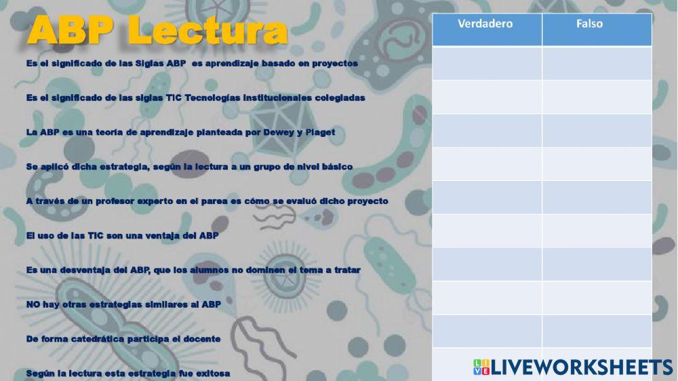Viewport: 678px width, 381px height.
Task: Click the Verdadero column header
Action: tap(485, 24)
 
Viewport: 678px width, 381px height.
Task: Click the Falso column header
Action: tap(589, 24)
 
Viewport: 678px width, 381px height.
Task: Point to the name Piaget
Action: tap(320, 132)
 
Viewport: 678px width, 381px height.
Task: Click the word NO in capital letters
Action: tap(33, 304)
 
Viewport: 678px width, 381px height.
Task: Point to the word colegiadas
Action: tap(337, 98)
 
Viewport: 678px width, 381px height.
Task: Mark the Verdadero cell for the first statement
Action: tap(487, 63)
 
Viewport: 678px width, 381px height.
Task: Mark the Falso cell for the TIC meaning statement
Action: tap(597, 97)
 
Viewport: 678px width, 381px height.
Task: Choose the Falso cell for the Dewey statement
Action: tap(597, 130)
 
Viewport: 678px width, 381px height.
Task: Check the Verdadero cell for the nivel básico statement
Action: tap(487, 163)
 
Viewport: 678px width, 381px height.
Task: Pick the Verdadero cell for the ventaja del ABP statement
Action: tap(487, 230)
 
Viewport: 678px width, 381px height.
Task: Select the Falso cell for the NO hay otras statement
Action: tap(597, 298)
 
